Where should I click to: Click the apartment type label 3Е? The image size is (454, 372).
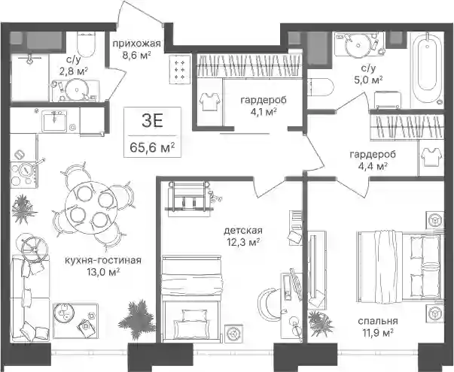(153, 121)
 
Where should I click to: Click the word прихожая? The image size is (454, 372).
(136, 44)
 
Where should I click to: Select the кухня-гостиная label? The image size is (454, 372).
(103, 260)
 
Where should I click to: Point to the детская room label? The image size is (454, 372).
(243, 231)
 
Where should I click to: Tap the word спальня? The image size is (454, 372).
(378, 321)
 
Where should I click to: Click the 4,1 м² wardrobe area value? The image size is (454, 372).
(264, 111)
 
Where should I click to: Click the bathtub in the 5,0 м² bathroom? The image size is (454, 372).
(428, 68)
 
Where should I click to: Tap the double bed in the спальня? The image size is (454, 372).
(401, 266)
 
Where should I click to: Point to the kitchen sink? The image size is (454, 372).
(54, 120)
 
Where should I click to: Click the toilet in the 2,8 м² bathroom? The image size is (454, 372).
(86, 44)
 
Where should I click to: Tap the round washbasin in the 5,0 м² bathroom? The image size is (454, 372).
(358, 45)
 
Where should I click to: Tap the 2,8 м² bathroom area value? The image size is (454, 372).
(74, 71)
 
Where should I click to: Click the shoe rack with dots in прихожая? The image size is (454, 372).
(180, 69)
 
